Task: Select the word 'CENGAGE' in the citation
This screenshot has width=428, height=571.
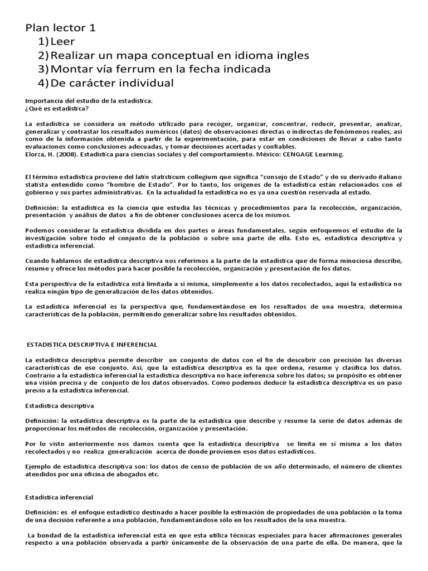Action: (x=301, y=154)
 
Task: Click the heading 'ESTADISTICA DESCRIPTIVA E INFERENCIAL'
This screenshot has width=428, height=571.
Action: (x=93, y=345)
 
